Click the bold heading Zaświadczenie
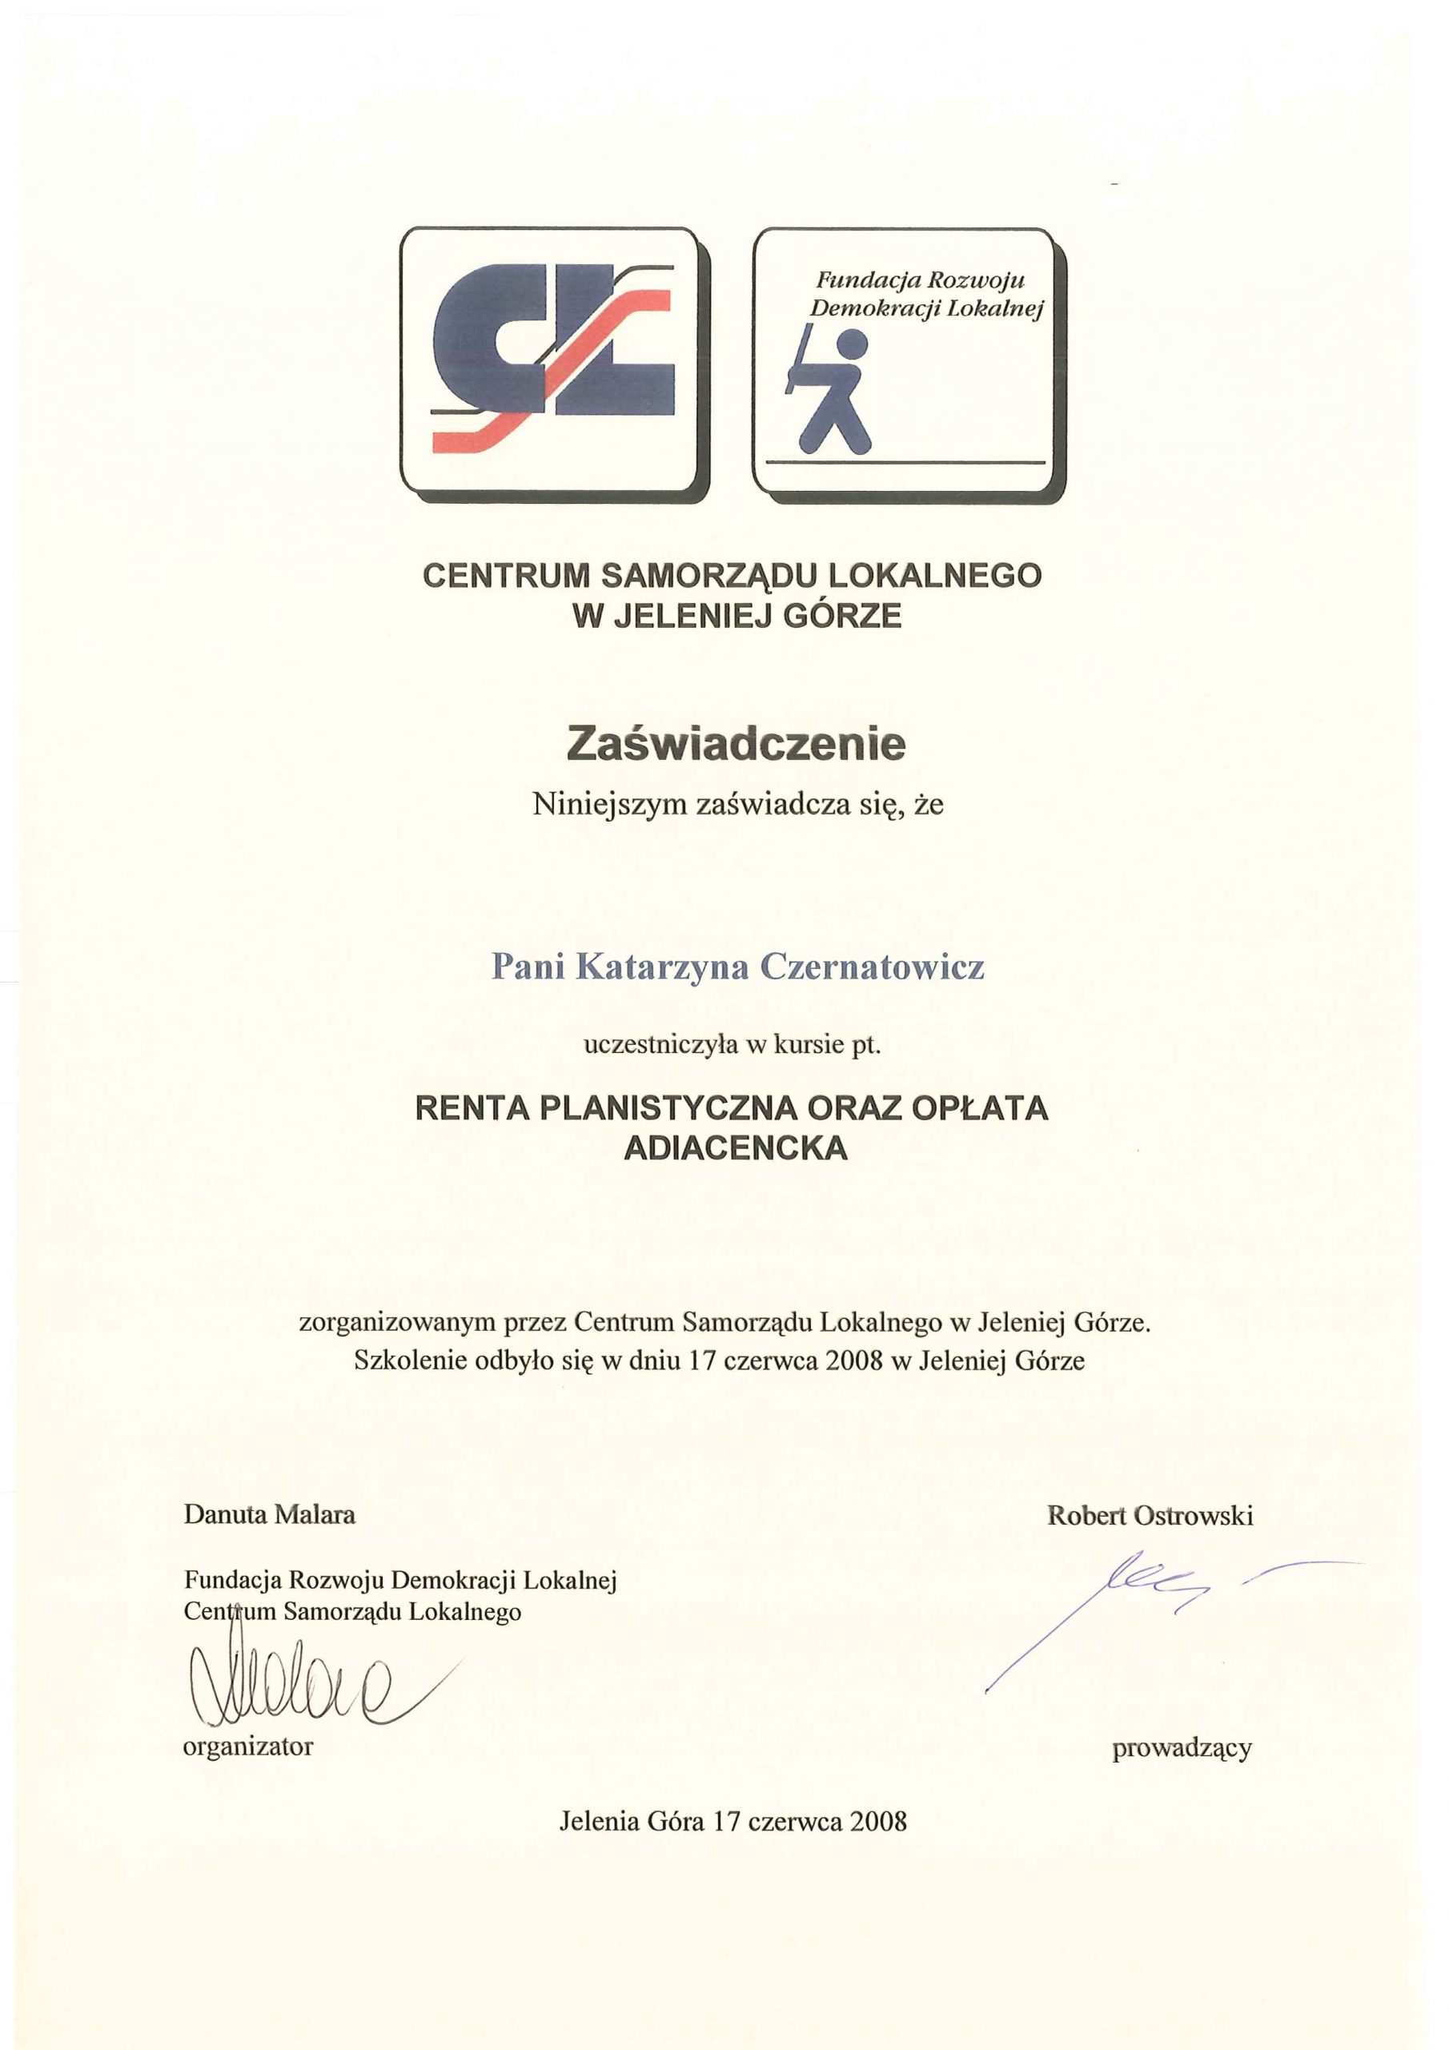coord(736,745)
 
